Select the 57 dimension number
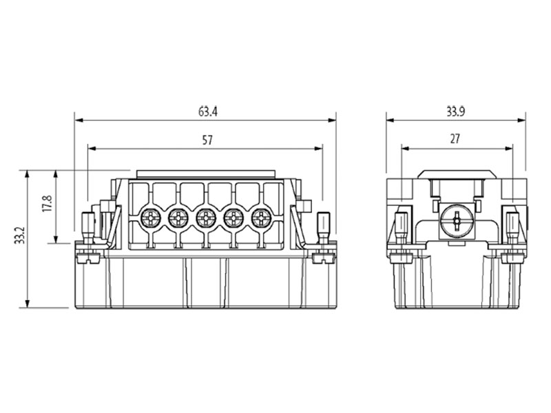point(207,140)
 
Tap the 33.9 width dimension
point(455,111)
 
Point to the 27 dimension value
point(455,139)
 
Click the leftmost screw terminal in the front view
point(150,219)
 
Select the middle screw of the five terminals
point(205,219)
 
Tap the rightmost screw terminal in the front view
point(261,219)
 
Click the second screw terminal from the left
point(178,219)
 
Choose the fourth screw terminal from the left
point(233,219)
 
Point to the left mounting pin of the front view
point(87,226)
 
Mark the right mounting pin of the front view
point(323,226)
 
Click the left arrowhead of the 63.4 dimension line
point(78,120)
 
